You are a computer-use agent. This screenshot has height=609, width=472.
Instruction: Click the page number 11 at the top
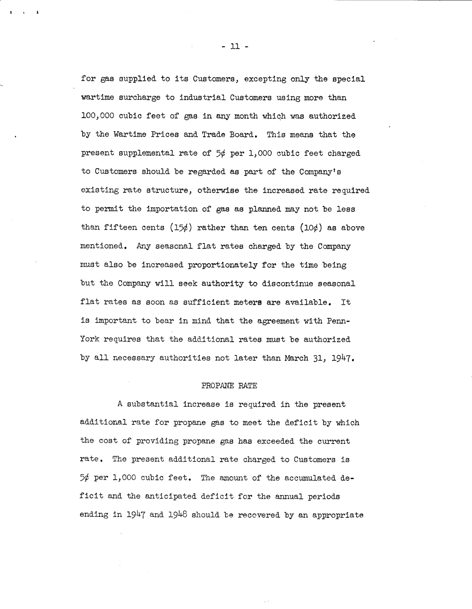234,47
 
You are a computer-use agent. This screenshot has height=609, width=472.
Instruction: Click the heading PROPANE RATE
229,386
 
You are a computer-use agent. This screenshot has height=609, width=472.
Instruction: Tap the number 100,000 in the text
97,116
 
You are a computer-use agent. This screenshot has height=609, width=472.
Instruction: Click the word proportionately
222,265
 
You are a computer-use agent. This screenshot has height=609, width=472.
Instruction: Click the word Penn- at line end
339,321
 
